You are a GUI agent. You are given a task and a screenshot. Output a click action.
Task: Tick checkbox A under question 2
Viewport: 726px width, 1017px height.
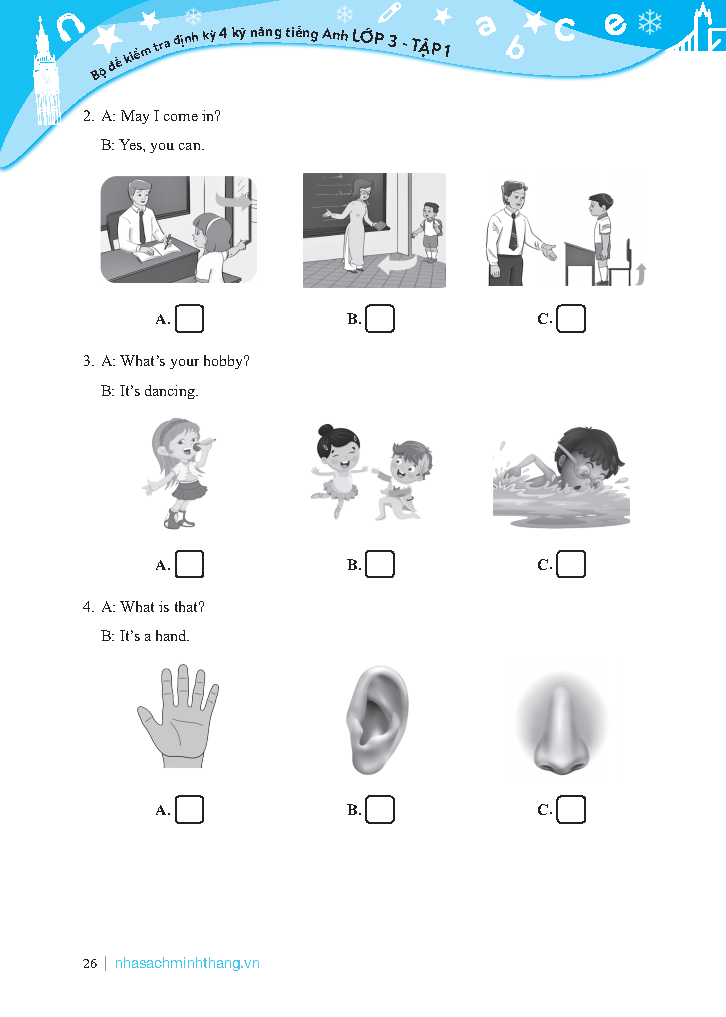coord(189,318)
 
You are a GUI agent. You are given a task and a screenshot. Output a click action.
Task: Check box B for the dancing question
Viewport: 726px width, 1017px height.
coord(380,564)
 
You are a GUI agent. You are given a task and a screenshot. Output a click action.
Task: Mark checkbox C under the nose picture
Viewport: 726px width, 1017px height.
coord(571,809)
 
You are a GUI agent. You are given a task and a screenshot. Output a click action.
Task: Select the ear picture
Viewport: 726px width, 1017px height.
coord(377,719)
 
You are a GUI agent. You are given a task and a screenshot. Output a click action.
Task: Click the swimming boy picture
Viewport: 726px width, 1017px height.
coord(561,477)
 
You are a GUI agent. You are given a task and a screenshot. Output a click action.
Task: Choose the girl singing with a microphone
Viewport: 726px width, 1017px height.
coord(179,473)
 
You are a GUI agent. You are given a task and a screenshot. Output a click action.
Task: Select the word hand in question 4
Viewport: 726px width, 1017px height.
coord(172,636)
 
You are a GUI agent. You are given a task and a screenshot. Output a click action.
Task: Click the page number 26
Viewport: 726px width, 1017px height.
coord(90,964)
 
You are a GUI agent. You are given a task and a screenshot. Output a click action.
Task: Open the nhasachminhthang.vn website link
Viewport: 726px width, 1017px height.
coord(187,963)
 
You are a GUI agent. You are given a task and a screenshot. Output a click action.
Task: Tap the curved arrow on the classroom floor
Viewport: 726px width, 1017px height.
coord(397,264)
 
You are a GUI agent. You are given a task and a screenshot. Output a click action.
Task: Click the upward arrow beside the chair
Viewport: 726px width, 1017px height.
coord(640,273)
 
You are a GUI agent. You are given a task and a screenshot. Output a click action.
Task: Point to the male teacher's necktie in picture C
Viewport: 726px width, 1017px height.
coord(513,232)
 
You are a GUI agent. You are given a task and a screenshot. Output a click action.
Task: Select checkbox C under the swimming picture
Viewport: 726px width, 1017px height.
coord(571,564)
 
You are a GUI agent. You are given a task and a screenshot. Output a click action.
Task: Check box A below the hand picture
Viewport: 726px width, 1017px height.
coord(189,809)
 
